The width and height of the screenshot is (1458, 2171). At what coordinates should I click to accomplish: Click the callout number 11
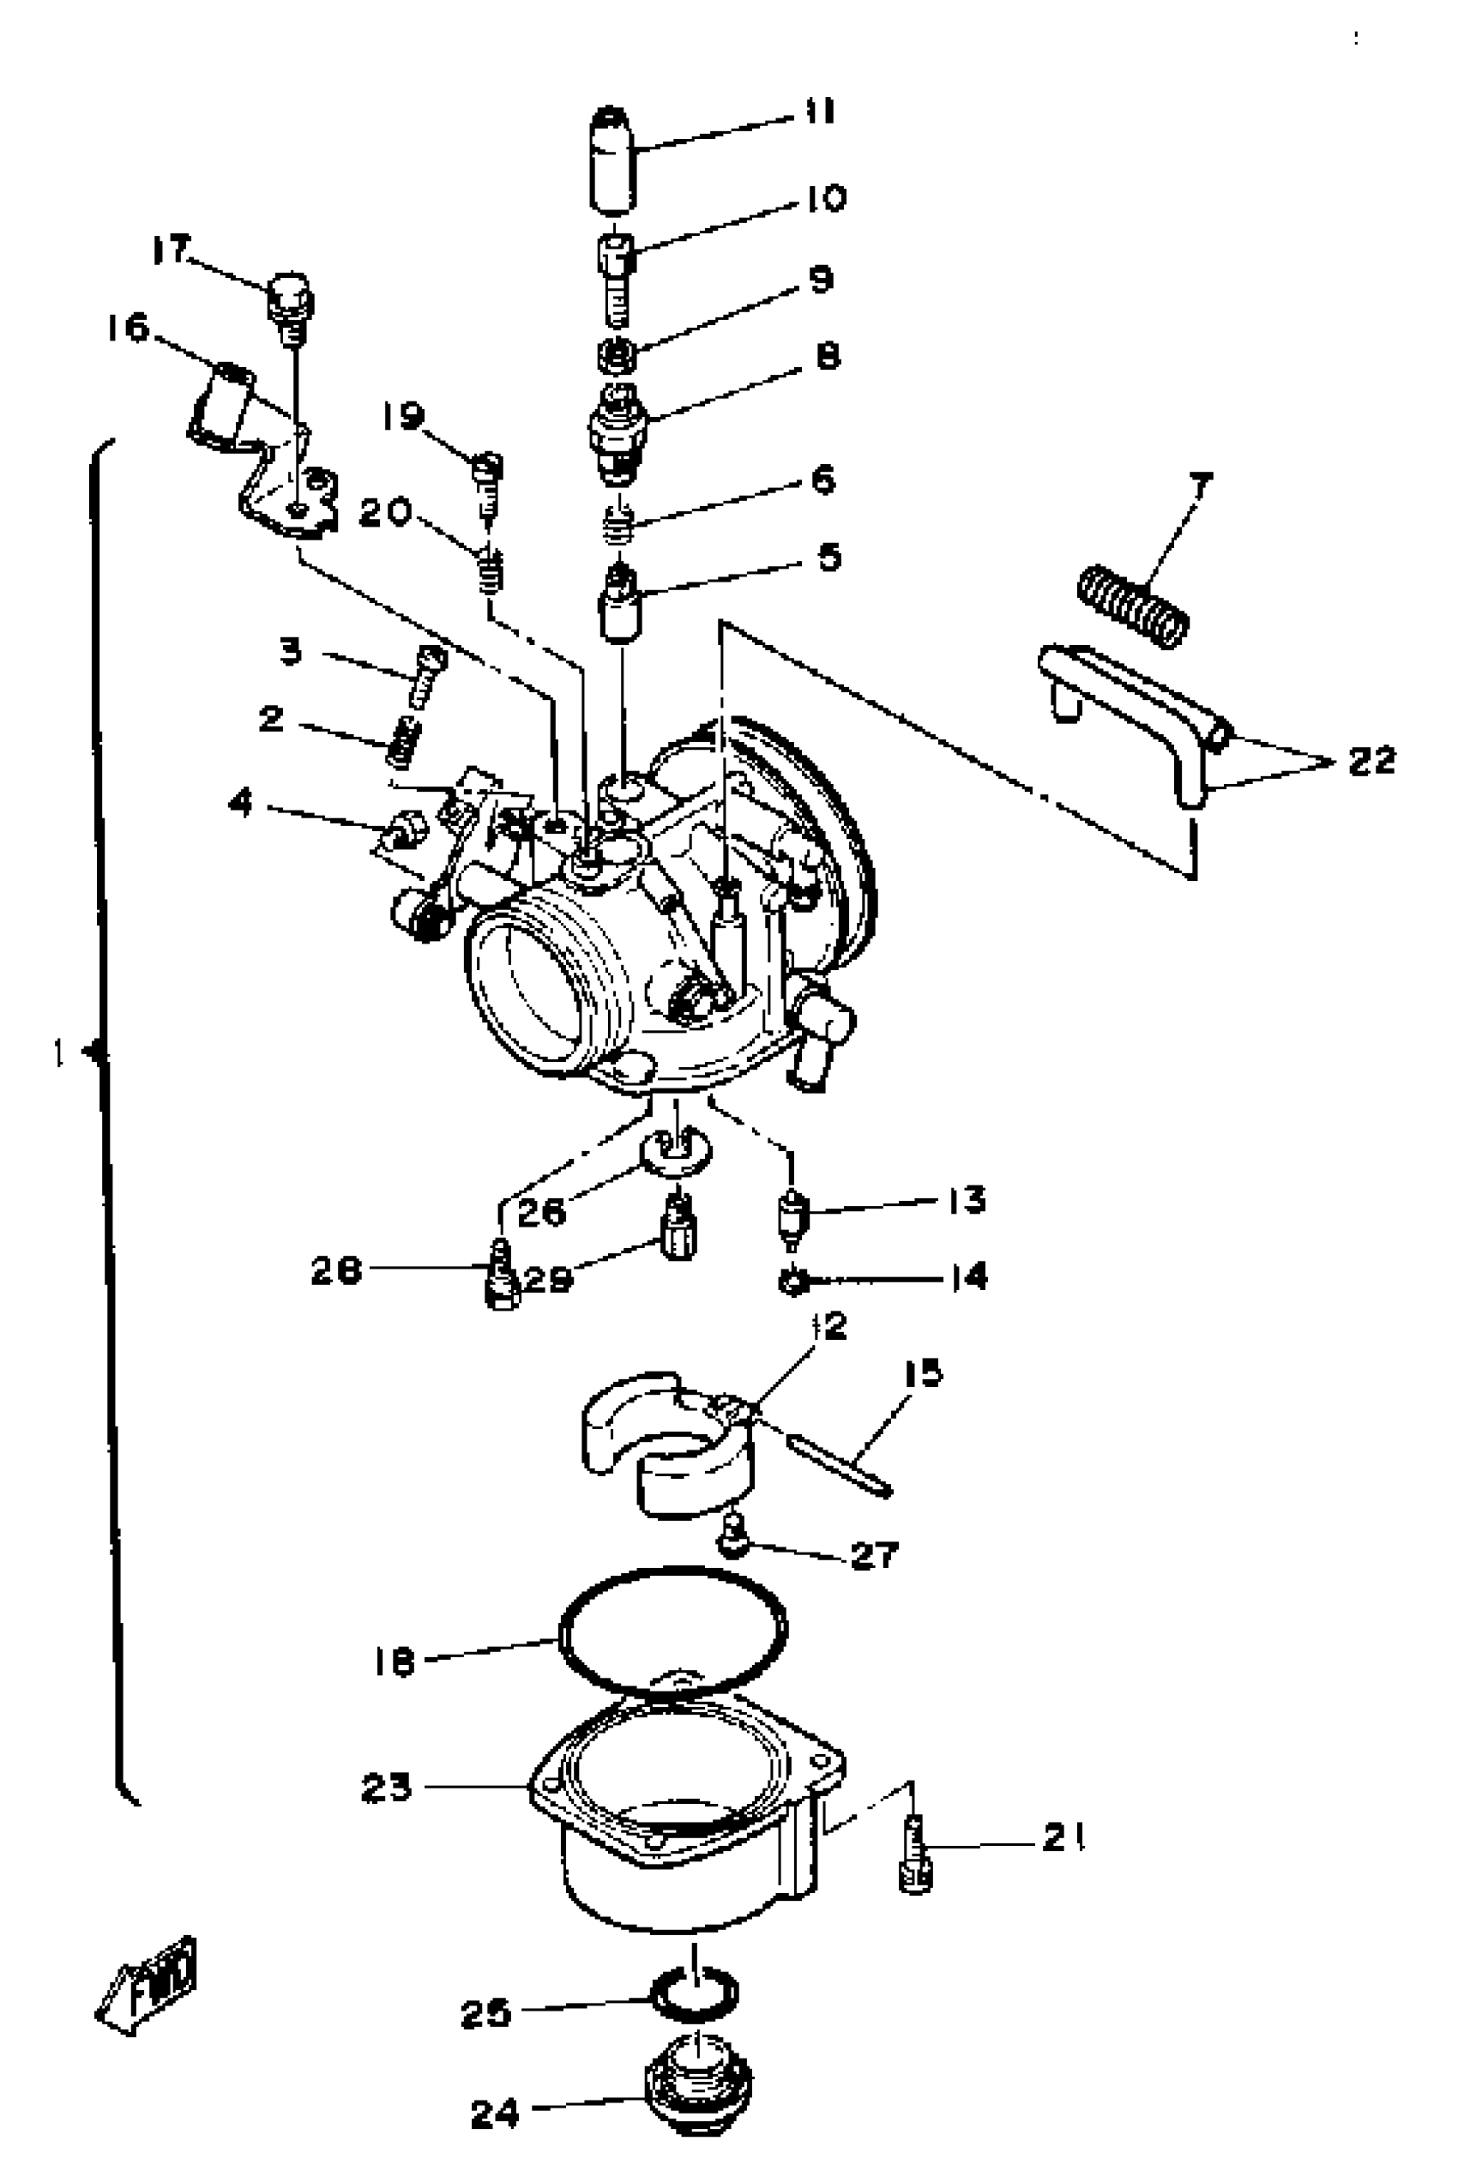tap(820, 112)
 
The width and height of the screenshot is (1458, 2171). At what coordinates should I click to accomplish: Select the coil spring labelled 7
tap(1133, 606)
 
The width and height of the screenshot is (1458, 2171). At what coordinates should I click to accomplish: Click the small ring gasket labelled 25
tap(695, 1993)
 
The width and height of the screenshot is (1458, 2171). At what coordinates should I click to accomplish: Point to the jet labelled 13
tap(792, 1218)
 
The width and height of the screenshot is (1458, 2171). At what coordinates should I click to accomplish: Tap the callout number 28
tap(335, 1271)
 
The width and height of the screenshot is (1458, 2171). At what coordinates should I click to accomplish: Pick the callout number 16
tap(128, 328)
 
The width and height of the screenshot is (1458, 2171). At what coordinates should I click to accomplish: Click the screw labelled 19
tap(488, 479)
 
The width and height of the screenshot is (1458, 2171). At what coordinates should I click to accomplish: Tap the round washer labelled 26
tap(677, 1150)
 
